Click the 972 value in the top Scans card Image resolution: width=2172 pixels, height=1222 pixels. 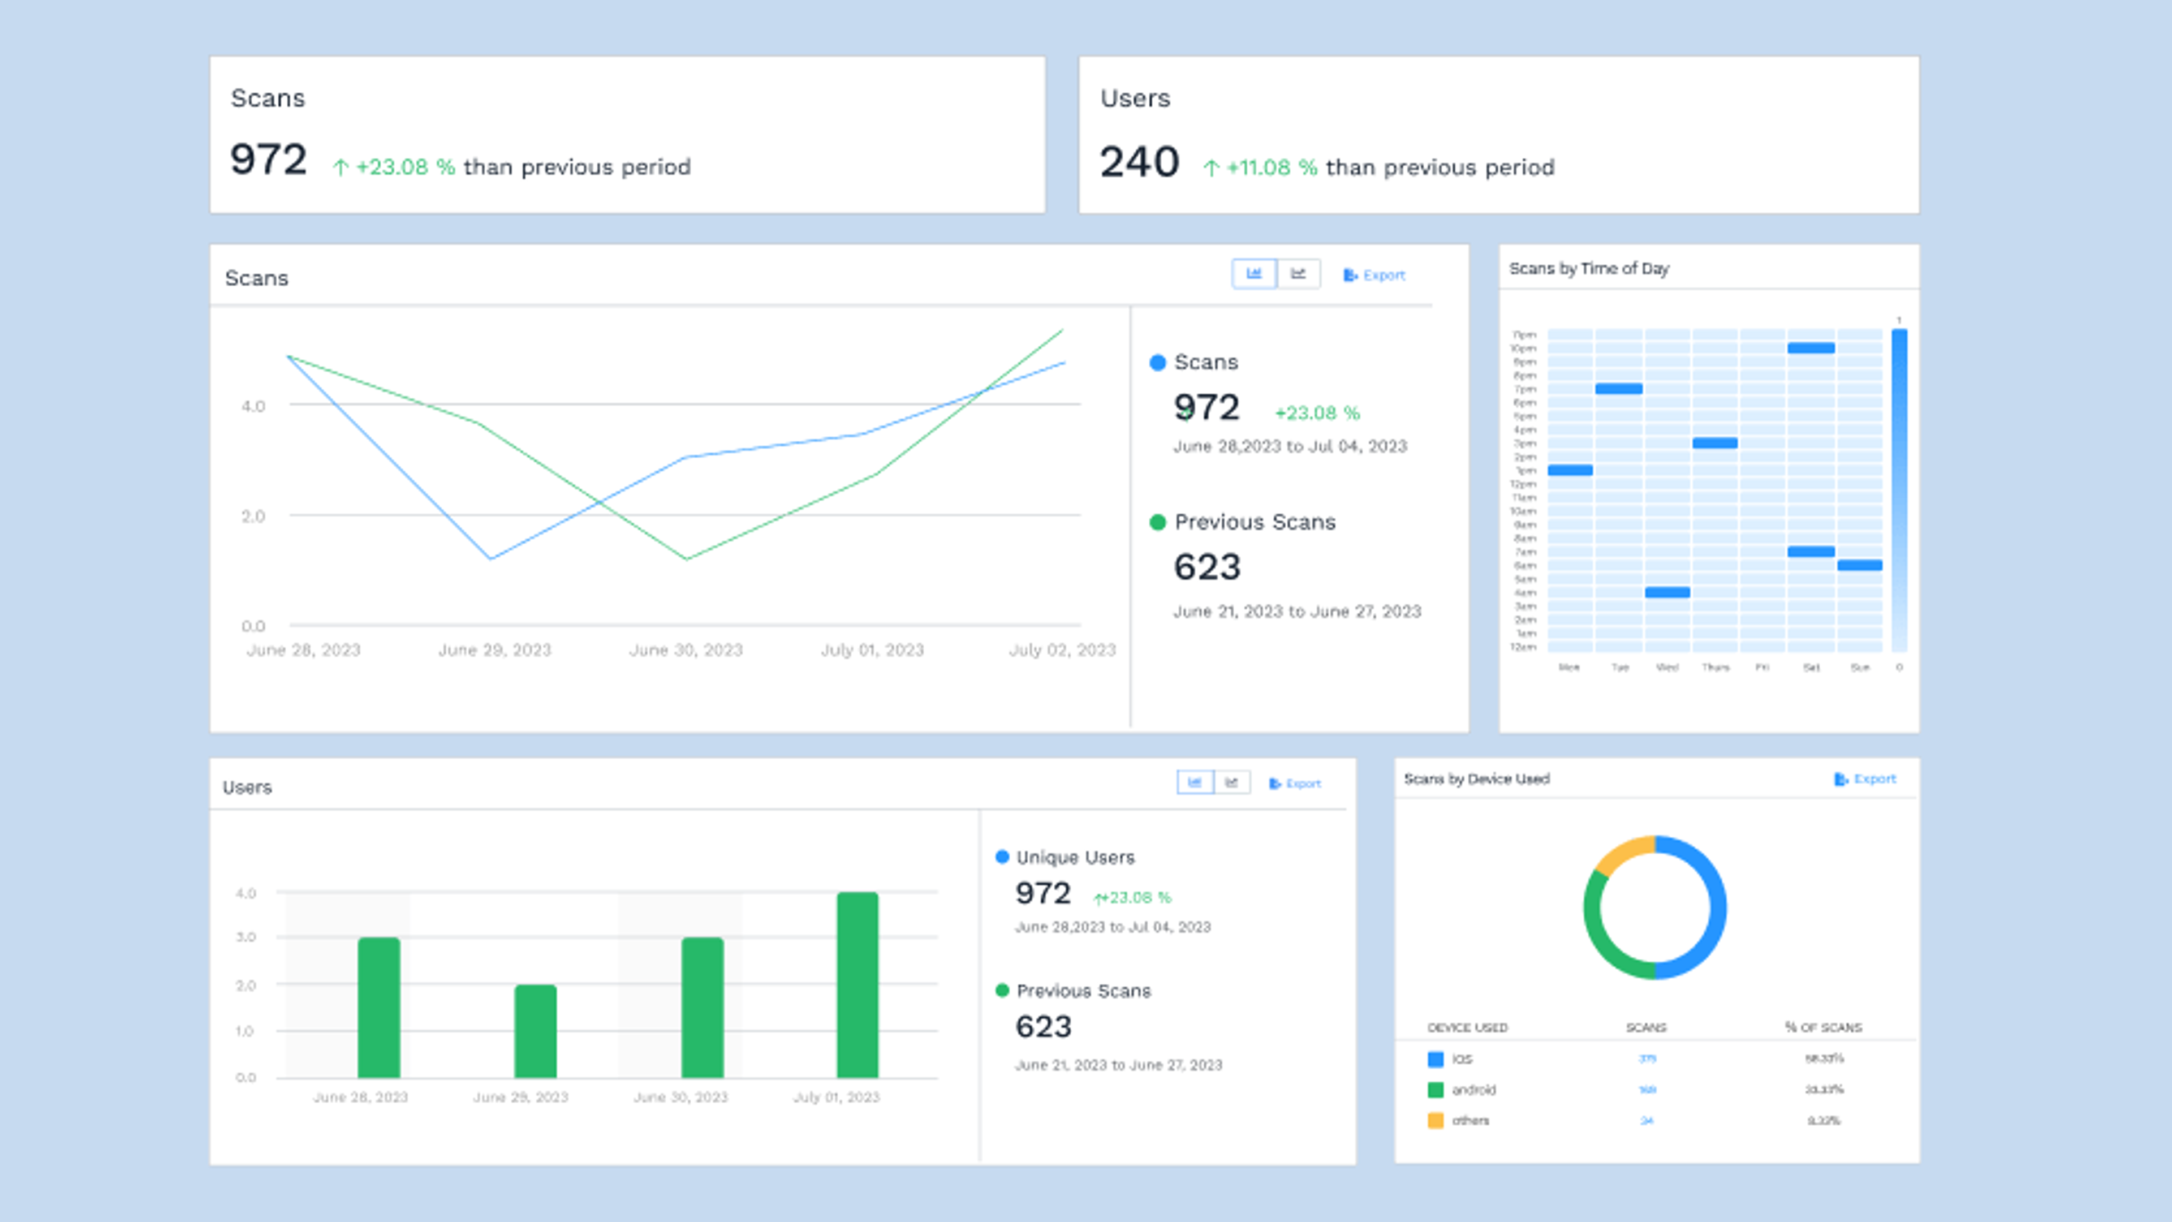tap(268, 160)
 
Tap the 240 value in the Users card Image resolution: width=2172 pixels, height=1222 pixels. tap(1138, 162)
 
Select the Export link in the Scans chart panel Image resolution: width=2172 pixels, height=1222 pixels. tap(1374, 275)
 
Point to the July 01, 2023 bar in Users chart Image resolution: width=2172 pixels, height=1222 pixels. tap(857, 984)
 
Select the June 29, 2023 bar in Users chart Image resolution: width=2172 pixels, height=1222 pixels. tap(536, 1031)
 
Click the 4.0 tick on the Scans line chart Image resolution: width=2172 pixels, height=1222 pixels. tap(253, 406)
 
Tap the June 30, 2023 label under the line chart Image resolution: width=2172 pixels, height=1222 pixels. tap(686, 650)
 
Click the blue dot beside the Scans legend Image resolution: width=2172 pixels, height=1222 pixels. tap(1158, 363)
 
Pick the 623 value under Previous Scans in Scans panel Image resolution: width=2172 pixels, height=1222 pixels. tap(1206, 567)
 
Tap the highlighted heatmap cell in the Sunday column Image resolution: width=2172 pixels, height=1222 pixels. tap(1859, 565)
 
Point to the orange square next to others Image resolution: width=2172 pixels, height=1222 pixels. tap(1435, 1121)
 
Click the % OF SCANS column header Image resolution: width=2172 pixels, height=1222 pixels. tap(1823, 1027)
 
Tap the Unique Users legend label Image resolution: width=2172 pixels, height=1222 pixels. tap(1075, 858)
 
